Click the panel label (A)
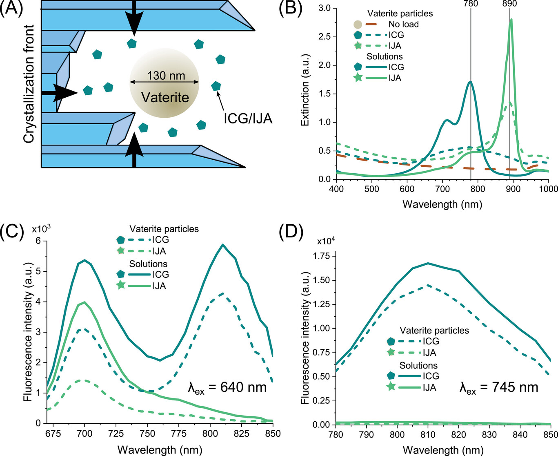click(12, 8)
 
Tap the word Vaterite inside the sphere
click(165, 97)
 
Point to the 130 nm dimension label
click(166, 76)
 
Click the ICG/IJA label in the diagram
click(248, 118)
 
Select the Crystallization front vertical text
click(29, 84)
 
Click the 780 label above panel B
click(471, 4)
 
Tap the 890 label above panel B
click(509, 4)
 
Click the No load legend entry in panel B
click(403, 24)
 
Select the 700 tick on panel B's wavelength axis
click(442, 189)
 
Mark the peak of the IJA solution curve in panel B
click(511, 19)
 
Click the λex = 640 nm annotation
click(227, 387)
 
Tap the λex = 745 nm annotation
click(499, 387)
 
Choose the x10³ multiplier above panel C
click(41, 228)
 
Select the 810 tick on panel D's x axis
click(428, 435)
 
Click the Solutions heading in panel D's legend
click(418, 365)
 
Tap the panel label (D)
click(291, 232)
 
